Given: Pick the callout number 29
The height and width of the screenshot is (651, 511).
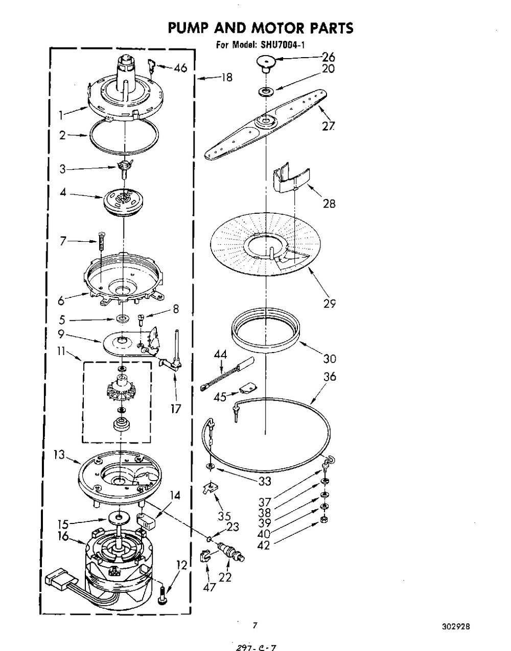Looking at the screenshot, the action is click(x=330, y=304).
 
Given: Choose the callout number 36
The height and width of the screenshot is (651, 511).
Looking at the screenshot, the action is click(x=330, y=377).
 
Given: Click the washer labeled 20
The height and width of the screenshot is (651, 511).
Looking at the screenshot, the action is click(x=265, y=91).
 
